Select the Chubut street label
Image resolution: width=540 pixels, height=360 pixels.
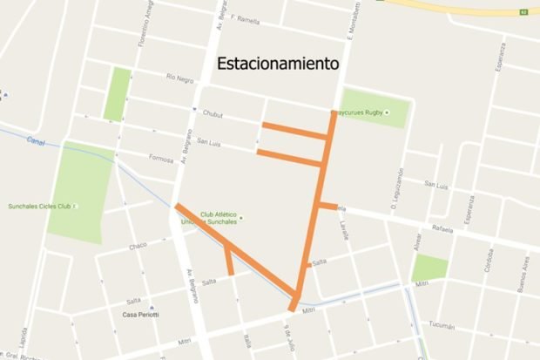[213, 114]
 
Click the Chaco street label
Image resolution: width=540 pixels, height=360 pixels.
[138, 246]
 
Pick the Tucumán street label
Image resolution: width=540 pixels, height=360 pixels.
[442, 325]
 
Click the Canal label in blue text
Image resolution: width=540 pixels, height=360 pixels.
[35, 139]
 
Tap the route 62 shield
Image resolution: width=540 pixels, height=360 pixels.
[524, 12]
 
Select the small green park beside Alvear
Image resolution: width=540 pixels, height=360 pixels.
[429, 268]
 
